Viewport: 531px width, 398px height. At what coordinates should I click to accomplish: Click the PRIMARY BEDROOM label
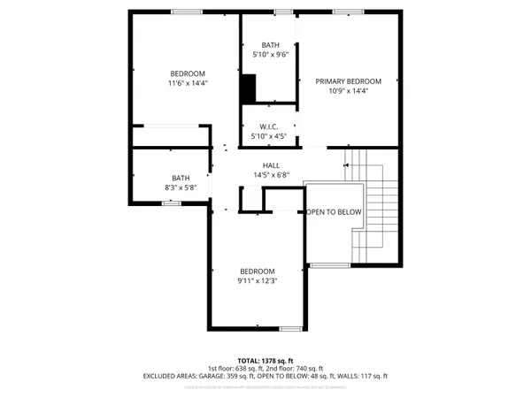pos(341,80)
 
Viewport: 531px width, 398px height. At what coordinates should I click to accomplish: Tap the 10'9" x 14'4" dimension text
pos(341,90)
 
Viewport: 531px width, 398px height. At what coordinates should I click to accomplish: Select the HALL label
pos(271,165)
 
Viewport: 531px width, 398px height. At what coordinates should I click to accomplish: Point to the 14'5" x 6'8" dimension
pos(271,175)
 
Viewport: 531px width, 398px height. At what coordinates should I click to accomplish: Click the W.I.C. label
pos(270,126)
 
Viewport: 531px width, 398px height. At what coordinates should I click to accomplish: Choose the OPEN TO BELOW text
pos(335,212)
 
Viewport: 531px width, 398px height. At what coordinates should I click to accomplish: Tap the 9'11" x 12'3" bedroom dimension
pos(257,281)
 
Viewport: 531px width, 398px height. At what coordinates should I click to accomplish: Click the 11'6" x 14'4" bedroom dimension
pos(188,83)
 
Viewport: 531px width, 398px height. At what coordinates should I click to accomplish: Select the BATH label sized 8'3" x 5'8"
pos(181,177)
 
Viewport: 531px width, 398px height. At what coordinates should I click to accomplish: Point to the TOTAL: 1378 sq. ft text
pos(265,361)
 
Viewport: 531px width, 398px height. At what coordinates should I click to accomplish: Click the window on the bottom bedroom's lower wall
pos(290,329)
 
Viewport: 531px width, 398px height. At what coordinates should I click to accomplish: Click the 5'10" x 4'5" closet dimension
pos(270,136)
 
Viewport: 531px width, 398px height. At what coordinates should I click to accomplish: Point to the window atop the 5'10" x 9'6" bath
pos(283,11)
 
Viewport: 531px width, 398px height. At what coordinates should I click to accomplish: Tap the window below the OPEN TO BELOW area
pos(329,264)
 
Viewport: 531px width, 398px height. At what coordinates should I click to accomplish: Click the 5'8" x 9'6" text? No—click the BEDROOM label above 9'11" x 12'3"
pos(257,271)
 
